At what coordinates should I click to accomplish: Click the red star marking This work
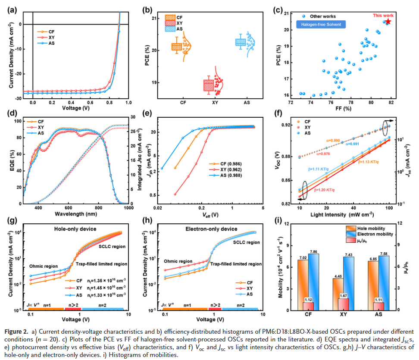388,21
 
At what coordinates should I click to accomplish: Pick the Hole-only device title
74,228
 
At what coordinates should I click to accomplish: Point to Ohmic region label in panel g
44,266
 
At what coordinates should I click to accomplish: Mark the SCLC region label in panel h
247,242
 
